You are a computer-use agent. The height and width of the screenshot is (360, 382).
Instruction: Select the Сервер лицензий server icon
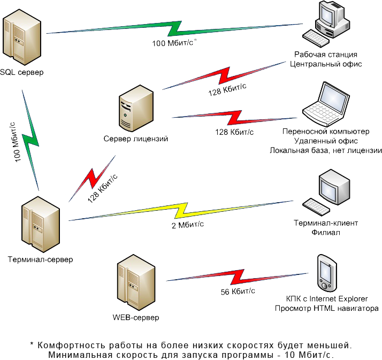point(136,106)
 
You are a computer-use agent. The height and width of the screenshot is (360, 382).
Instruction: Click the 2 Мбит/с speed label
point(187,224)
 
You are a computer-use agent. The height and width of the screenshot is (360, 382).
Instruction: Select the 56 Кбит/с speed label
point(238,292)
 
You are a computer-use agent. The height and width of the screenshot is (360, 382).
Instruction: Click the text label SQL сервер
point(22,72)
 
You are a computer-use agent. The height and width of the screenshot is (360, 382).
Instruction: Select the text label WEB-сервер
point(136,318)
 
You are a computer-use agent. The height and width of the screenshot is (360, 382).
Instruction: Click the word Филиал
point(326,233)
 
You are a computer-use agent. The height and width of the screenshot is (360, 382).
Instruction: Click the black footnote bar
point(193,350)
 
